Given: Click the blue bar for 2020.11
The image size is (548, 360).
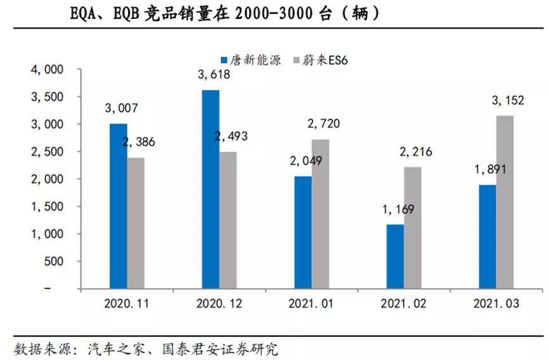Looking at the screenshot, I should (118, 206).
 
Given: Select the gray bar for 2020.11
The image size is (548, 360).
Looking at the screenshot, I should (136, 223).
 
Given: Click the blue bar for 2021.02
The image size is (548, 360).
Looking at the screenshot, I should (396, 256).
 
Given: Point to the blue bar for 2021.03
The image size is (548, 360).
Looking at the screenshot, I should (488, 236).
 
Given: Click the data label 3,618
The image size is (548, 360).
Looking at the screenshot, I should (214, 75).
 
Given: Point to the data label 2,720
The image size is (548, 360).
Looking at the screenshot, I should (323, 124).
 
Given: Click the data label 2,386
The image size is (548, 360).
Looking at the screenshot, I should (138, 142).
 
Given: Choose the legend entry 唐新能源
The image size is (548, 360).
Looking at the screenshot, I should (251, 60).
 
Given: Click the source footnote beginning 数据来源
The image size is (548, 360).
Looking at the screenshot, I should (146, 349).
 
